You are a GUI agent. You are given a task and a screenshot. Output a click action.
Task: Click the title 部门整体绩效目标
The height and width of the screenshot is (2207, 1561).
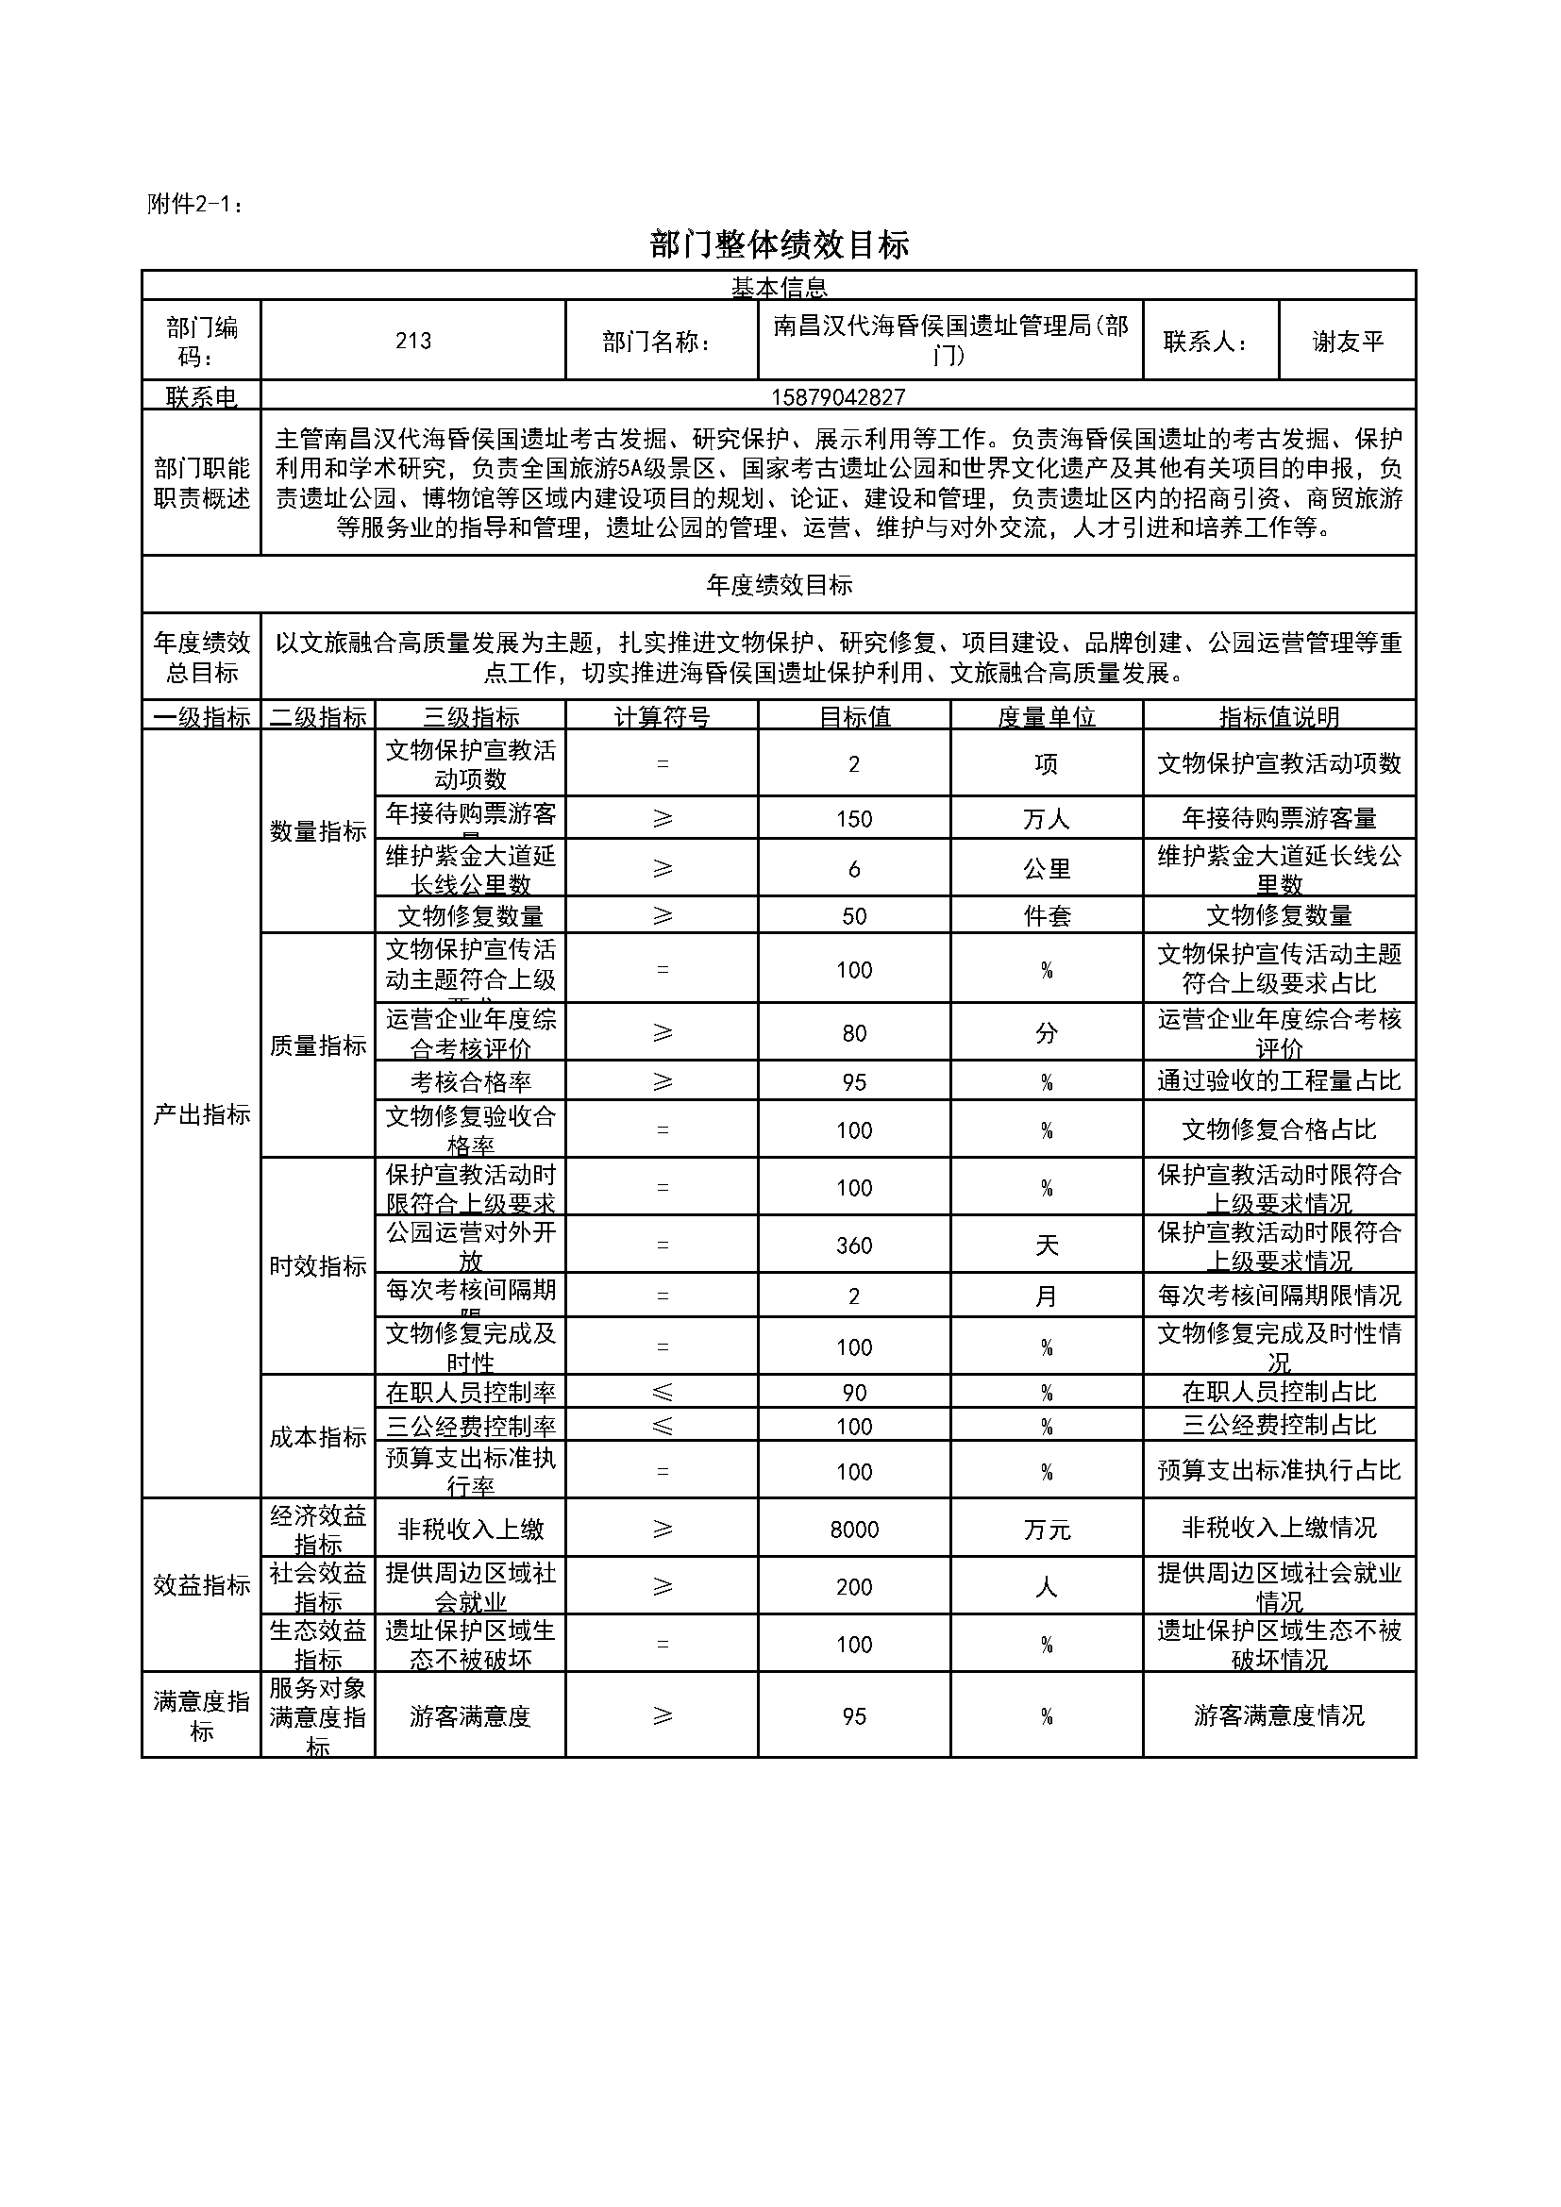click(779, 245)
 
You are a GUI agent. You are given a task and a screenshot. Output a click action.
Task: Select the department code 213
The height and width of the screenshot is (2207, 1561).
click(412, 341)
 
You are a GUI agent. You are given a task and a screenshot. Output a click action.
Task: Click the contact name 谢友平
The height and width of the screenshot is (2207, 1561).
click(1348, 342)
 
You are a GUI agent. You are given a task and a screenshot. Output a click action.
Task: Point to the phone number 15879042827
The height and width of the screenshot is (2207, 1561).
click(837, 397)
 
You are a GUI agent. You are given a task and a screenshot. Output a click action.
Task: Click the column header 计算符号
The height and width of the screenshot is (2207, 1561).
click(662, 717)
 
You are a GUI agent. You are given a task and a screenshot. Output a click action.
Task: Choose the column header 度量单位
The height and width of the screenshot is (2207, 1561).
click(1046, 717)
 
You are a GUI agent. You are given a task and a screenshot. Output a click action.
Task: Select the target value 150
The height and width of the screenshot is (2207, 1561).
click(853, 819)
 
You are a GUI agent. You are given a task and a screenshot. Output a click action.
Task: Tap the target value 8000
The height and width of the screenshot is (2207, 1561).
click(853, 1530)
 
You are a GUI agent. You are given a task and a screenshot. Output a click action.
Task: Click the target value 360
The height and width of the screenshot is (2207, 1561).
click(853, 1246)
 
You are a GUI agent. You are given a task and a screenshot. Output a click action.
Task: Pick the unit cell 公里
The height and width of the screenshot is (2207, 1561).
click(1046, 869)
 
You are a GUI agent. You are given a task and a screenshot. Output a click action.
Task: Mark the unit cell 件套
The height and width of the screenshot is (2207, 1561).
click(1046, 916)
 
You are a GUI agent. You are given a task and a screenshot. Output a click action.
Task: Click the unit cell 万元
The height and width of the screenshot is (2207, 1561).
click(1046, 1530)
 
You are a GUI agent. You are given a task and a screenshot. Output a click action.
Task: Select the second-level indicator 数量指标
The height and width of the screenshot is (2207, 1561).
click(317, 831)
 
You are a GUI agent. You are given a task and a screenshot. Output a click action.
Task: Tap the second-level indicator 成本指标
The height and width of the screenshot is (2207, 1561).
click(317, 1437)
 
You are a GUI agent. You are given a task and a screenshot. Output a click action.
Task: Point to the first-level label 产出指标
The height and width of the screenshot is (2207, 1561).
click(201, 1114)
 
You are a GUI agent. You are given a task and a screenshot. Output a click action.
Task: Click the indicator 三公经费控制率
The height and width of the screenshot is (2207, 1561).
click(470, 1427)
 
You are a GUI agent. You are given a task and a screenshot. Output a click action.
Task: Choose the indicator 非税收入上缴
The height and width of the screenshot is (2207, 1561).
click(470, 1530)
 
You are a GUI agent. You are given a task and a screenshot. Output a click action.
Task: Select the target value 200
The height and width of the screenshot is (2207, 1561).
click(853, 1587)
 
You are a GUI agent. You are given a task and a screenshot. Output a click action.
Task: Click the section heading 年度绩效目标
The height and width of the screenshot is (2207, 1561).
click(779, 585)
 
